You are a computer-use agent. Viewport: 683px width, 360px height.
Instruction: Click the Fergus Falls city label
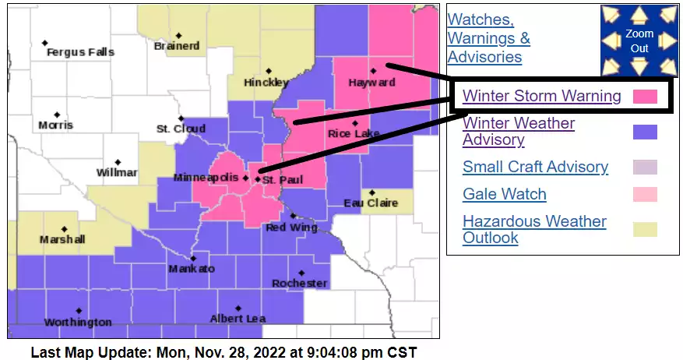[80, 52]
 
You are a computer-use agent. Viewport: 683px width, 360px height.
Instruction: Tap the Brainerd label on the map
[177, 46]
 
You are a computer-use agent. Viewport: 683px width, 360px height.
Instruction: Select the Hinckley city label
[266, 82]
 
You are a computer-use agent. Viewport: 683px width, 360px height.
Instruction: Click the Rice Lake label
[354, 134]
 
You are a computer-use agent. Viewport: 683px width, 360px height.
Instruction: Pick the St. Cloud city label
[181, 129]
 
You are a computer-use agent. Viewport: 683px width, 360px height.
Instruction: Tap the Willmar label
[118, 172]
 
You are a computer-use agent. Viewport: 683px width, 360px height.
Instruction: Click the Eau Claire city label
[371, 203]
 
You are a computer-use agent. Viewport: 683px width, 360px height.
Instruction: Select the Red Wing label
[292, 228]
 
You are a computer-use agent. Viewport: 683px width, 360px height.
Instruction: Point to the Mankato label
[191, 269]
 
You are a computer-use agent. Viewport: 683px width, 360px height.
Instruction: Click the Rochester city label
[300, 283]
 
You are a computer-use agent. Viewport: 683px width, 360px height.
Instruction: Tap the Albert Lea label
[238, 318]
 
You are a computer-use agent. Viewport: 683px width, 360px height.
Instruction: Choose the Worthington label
[78, 322]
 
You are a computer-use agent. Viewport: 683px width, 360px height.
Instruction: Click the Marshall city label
[62, 239]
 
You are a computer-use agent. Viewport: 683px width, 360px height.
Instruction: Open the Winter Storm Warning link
[541, 96]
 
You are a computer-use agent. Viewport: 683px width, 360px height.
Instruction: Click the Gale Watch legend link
[504, 194]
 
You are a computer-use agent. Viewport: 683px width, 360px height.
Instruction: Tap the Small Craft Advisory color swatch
[645, 167]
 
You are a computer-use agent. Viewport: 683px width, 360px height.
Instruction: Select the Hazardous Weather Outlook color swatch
[645, 229]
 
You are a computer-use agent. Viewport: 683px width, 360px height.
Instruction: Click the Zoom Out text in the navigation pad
[639, 41]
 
